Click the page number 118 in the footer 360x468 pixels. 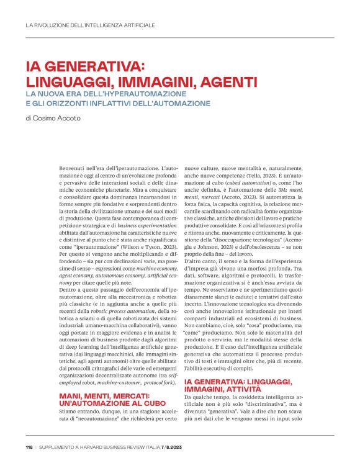tap(30, 448)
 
